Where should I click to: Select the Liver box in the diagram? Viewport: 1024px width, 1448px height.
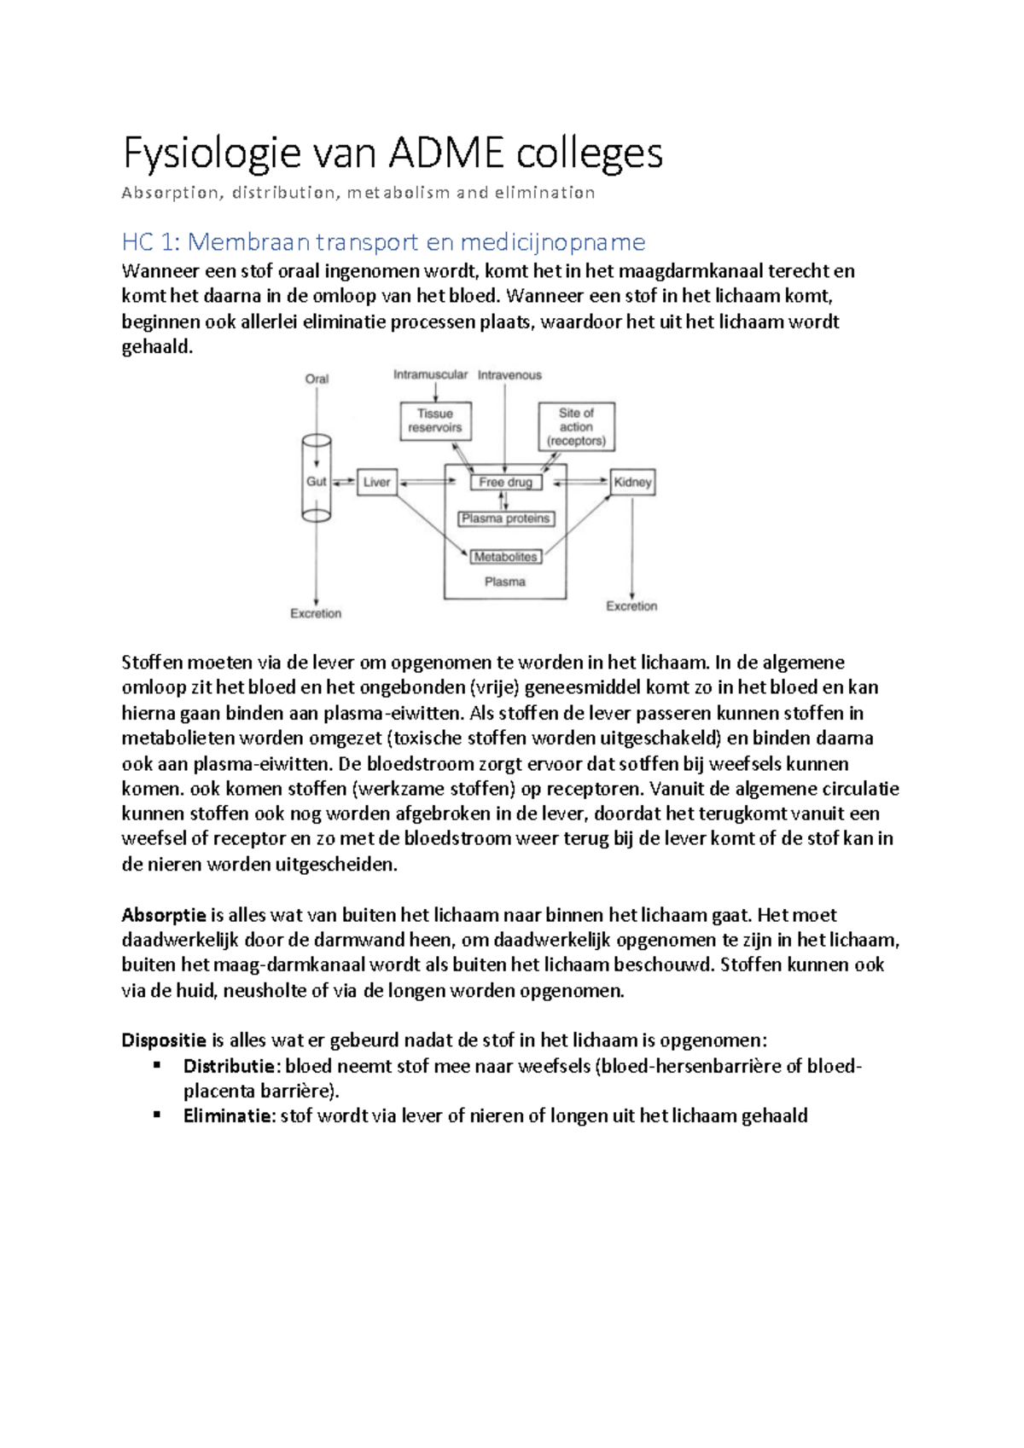(376, 482)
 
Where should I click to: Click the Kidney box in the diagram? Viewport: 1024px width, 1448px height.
(632, 482)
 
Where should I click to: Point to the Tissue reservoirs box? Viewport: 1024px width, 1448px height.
(435, 421)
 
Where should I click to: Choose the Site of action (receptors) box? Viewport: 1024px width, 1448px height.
(577, 426)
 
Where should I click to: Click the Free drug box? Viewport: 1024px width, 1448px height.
(506, 482)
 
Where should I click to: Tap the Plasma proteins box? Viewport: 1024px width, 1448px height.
(506, 518)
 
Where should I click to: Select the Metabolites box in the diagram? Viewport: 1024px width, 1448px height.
(506, 557)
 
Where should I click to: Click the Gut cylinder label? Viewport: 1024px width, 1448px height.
(316, 482)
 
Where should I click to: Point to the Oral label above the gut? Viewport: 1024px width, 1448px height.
(317, 379)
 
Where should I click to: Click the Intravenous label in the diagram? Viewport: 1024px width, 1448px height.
(509, 375)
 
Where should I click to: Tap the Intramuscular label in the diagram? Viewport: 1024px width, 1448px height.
(430, 374)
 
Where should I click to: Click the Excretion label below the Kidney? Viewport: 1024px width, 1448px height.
(631, 606)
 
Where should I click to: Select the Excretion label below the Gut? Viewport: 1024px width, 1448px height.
(316, 613)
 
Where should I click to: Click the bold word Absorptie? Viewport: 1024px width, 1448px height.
(164, 916)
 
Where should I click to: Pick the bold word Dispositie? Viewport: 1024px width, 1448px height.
(164, 1040)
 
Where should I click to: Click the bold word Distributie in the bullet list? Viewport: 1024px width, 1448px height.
(229, 1066)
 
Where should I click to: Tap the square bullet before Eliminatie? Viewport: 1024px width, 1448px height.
(157, 1115)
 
